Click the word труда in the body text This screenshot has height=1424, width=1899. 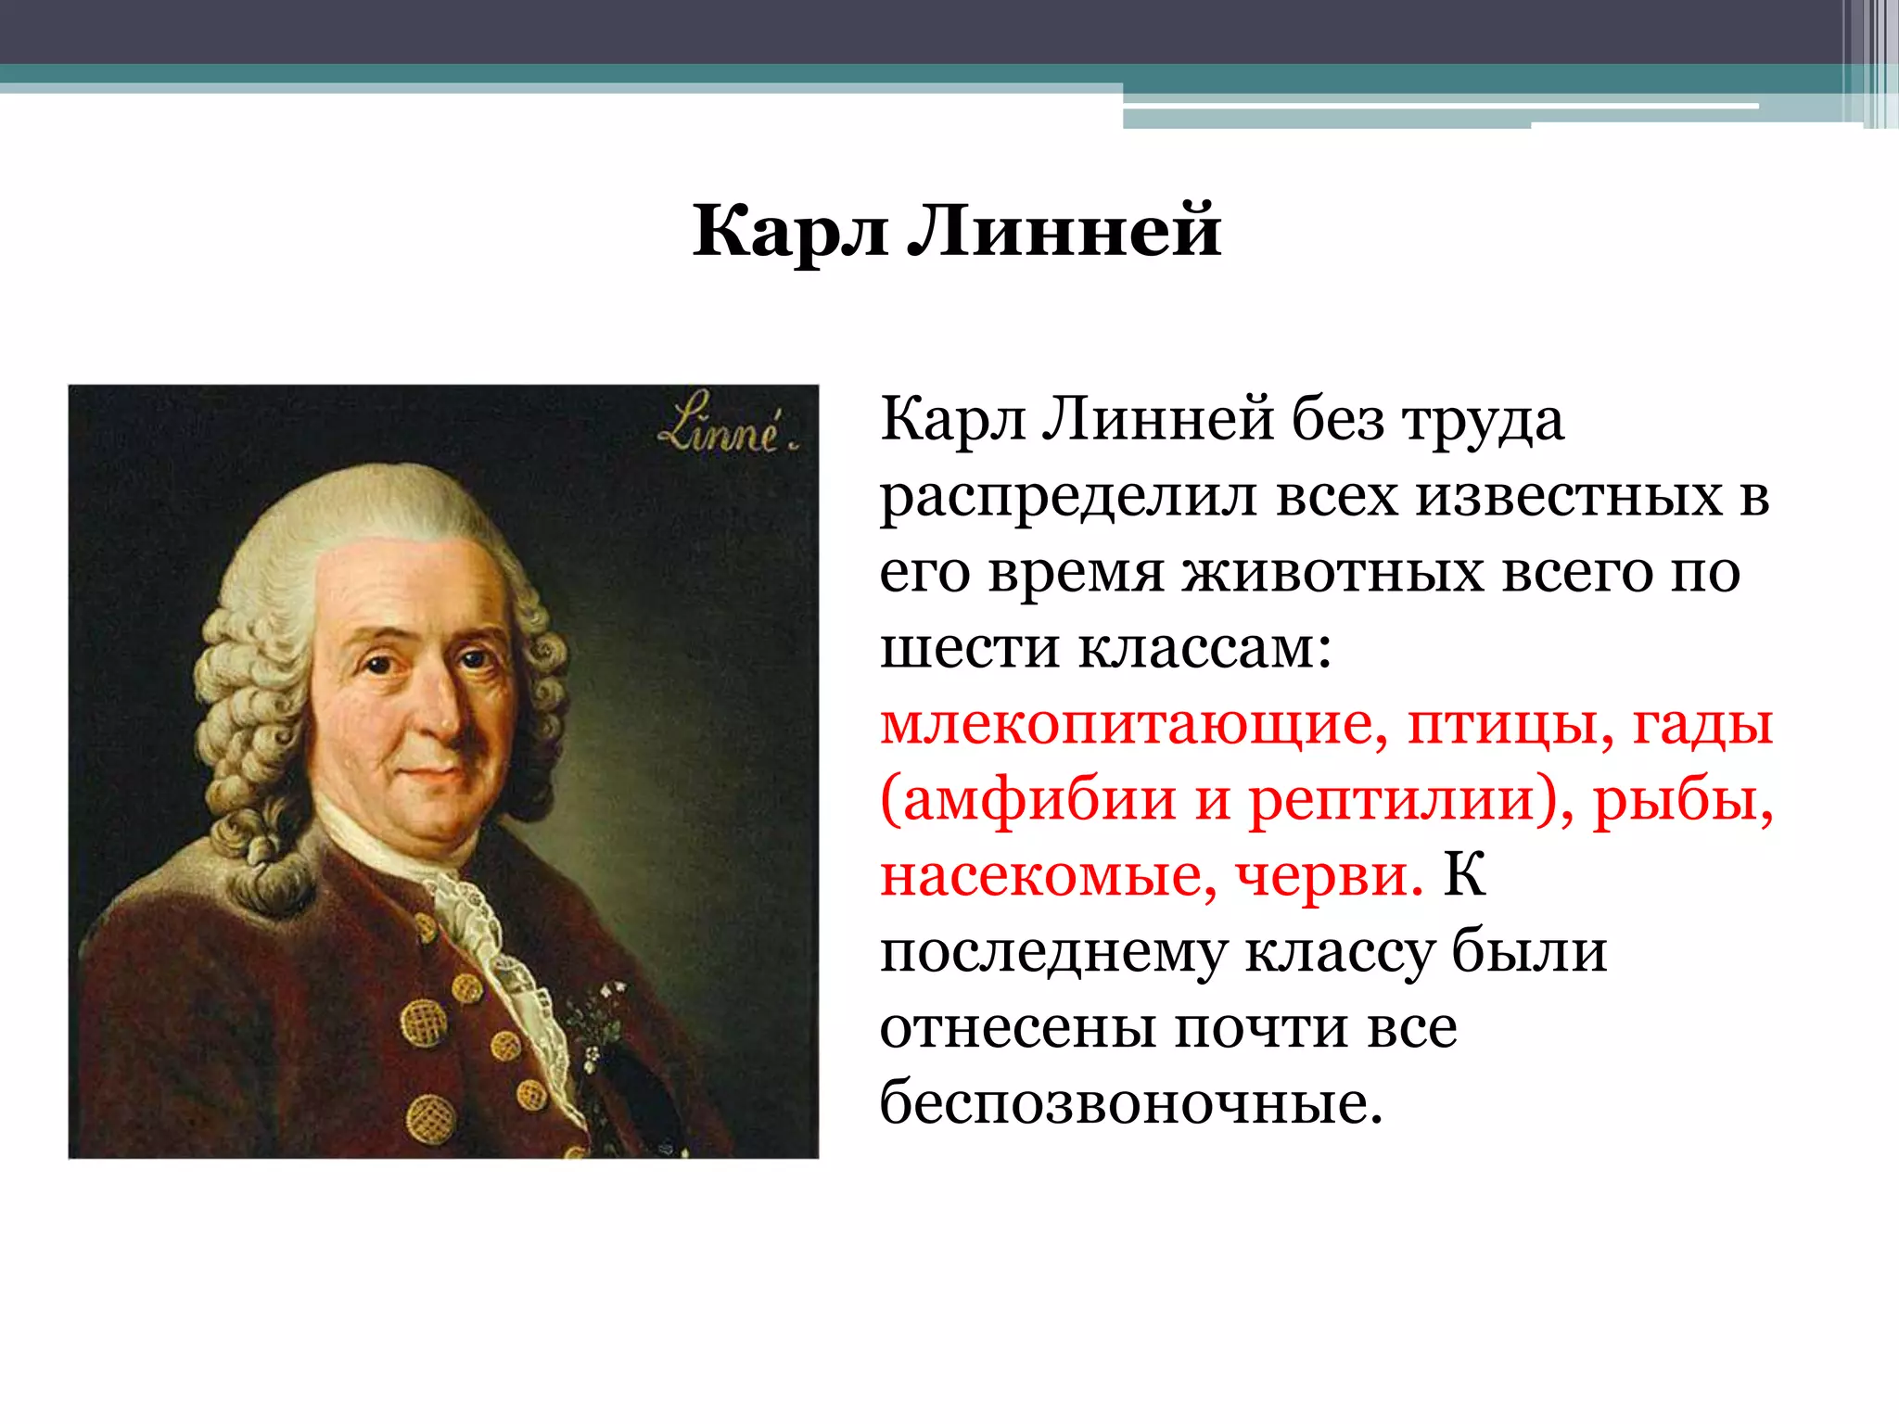click(1483, 421)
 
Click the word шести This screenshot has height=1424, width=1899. click(969, 647)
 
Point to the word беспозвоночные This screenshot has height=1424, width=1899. click(1130, 1103)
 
